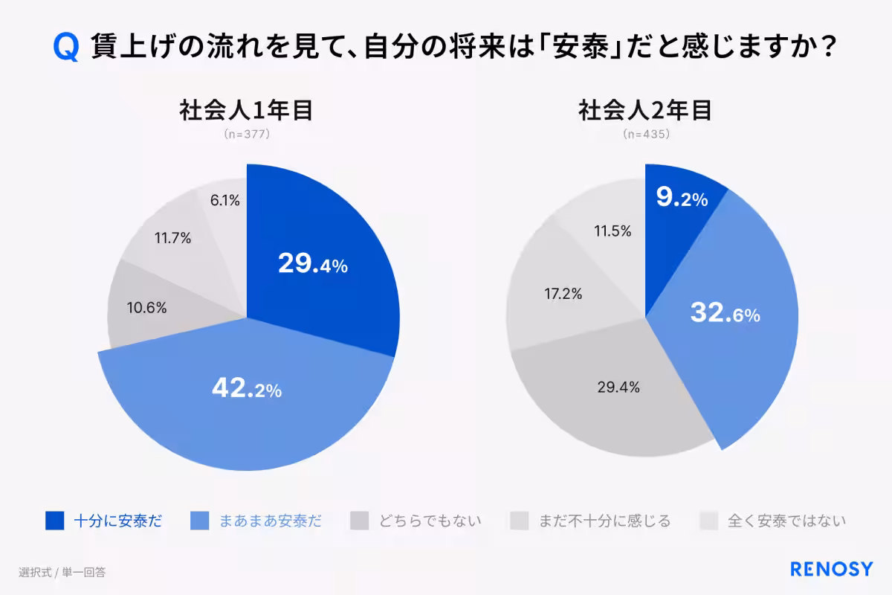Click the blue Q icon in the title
pyautogui.click(x=66, y=49)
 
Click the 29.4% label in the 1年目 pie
pyautogui.click(x=312, y=263)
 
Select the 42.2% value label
pyautogui.click(x=246, y=388)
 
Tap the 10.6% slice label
pyautogui.click(x=146, y=307)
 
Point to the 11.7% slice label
pyautogui.click(x=172, y=239)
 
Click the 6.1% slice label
pyautogui.click(x=223, y=199)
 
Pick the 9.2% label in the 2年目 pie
pyautogui.click(x=682, y=198)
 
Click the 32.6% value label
pyautogui.click(x=725, y=314)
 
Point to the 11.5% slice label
pyautogui.click(x=613, y=231)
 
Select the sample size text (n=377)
pyautogui.click(x=246, y=135)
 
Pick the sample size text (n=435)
pyautogui.click(x=646, y=135)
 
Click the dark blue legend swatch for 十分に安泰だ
pyautogui.click(x=55, y=521)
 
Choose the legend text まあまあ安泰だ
pyautogui.click(x=270, y=521)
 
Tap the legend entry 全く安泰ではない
pyautogui.click(x=786, y=521)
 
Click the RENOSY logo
pyautogui.click(x=831, y=570)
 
